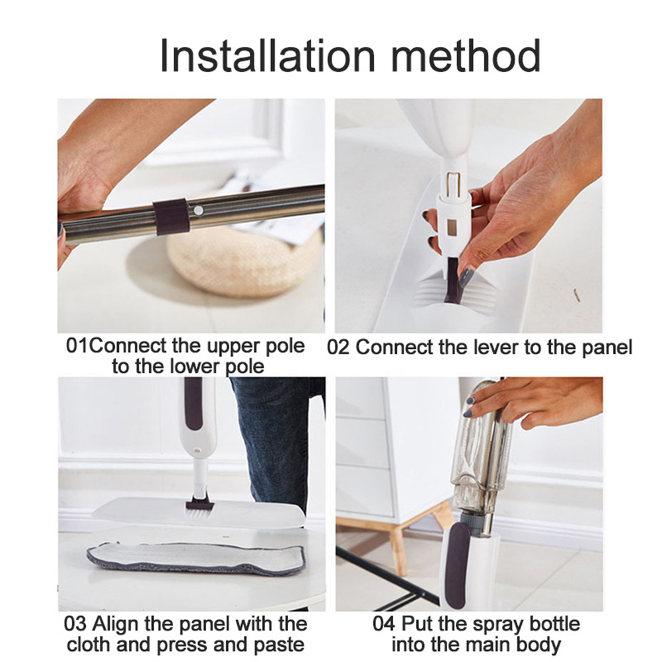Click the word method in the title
pyautogui.click(x=466, y=55)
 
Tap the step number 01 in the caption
pyautogui.click(x=78, y=346)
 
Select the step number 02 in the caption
pyautogui.click(x=338, y=348)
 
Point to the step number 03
pyautogui.click(x=75, y=624)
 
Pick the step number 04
pyautogui.click(x=385, y=624)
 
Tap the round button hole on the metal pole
pyautogui.click(x=197, y=209)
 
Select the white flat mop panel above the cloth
pyautogui.click(x=198, y=512)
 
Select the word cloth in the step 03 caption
pyautogui.click(x=89, y=645)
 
